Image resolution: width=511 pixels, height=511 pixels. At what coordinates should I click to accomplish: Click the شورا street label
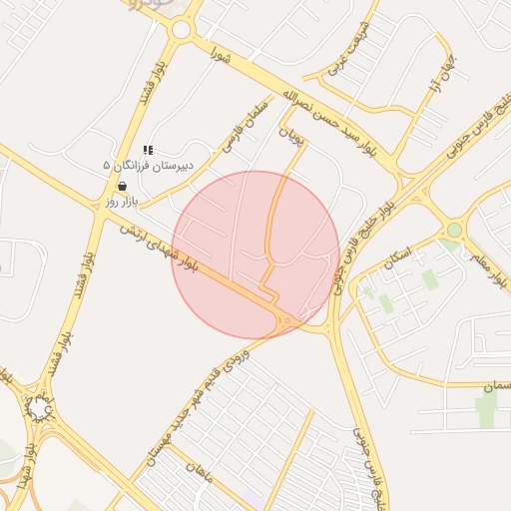[220, 56]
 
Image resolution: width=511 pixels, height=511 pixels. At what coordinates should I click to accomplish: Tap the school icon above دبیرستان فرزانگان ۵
[149, 150]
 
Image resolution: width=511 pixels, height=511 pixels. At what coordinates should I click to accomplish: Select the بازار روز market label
[120, 203]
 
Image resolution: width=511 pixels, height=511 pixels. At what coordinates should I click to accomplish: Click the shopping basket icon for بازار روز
[122, 186]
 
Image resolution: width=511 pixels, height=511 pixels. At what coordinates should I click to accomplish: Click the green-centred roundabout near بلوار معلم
[455, 231]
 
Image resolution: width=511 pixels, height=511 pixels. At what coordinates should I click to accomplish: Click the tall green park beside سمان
[487, 410]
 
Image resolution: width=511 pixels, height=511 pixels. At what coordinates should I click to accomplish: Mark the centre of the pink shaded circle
[256, 255]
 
